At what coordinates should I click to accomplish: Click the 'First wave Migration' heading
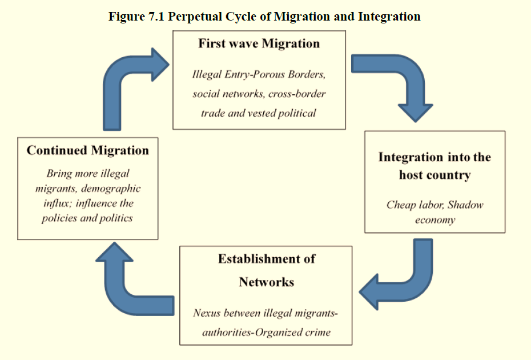[259, 44]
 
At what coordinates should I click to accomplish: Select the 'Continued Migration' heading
[87, 151]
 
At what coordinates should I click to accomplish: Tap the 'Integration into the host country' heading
[435, 166]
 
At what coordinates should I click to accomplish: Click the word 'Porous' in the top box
[277, 75]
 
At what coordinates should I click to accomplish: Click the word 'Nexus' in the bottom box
[207, 313]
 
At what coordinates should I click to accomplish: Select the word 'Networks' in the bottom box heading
[266, 282]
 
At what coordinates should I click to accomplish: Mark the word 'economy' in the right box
[435, 220]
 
